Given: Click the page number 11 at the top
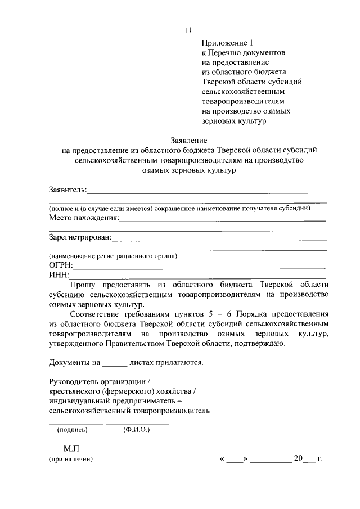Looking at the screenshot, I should click(188, 30).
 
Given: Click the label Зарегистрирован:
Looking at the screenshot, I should click(80, 237).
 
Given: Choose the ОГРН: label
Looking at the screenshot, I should click(61, 265).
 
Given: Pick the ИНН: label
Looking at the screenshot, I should click(59, 275).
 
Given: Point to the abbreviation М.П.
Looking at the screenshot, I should click(73, 448).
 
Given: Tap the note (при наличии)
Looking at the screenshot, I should click(70, 459).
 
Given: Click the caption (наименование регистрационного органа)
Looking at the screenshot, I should click(112, 256).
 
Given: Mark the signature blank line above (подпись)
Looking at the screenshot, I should click(76, 423).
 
